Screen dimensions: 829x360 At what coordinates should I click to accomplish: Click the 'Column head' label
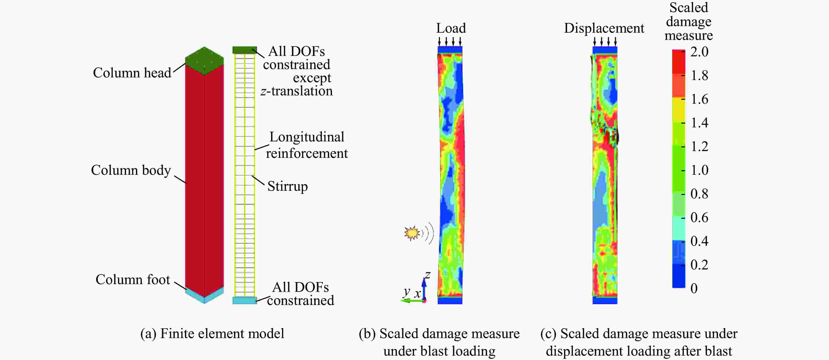pyautogui.click(x=132, y=73)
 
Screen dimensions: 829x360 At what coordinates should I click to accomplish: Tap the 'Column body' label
pyautogui.click(x=131, y=170)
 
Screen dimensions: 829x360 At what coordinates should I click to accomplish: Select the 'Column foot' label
pyautogui.click(x=133, y=279)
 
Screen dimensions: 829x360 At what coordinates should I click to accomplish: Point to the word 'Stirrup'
pyautogui.click(x=287, y=187)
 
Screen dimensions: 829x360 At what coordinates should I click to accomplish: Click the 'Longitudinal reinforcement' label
pyautogui.click(x=307, y=145)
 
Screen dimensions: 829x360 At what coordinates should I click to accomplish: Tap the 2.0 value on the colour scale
pyautogui.click(x=699, y=52)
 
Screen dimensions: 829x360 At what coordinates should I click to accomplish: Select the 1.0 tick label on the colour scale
pyautogui.click(x=699, y=170)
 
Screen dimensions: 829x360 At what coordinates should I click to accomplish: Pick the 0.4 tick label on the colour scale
pyautogui.click(x=699, y=241)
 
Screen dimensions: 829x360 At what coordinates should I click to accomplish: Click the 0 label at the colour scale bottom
pyautogui.click(x=694, y=289)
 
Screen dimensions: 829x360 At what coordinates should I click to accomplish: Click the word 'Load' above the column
pyautogui.click(x=451, y=28)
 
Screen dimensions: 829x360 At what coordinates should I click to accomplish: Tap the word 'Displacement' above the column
pyautogui.click(x=604, y=28)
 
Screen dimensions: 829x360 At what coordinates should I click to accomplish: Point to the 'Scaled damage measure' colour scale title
pyautogui.click(x=689, y=21)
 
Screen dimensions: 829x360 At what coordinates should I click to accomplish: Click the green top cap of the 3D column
pyautogui.click(x=204, y=61)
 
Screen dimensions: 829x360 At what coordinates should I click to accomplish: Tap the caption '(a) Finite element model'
pyautogui.click(x=212, y=334)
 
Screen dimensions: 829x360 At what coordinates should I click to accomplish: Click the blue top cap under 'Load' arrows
pyautogui.click(x=450, y=50)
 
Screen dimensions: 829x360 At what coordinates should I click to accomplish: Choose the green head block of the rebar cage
pyautogui.click(x=245, y=50)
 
